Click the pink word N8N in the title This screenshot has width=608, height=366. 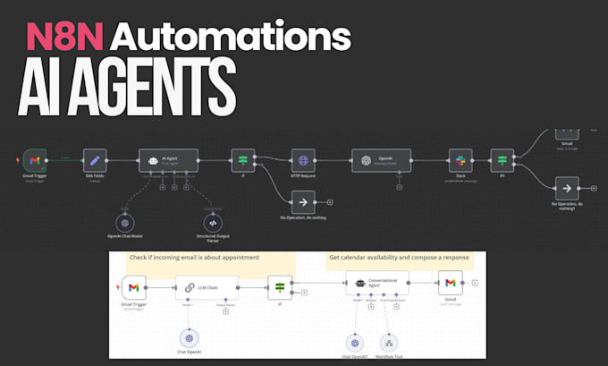click(x=63, y=36)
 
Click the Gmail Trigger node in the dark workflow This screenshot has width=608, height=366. click(x=35, y=160)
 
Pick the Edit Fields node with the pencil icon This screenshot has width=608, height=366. click(x=95, y=160)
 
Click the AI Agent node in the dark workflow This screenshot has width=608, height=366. click(x=169, y=160)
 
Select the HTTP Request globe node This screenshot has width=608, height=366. click(x=303, y=160)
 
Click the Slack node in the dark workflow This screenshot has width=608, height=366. click(x=460, y=160)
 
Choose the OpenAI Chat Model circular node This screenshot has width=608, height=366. click(x=126, y=223)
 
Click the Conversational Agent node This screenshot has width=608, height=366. click(x=376, y=283)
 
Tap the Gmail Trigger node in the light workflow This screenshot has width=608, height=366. click(x=133, y=287)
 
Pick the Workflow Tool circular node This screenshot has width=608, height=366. click(x=389, y=341)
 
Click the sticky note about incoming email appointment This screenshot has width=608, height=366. click(x=193, y=258)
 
